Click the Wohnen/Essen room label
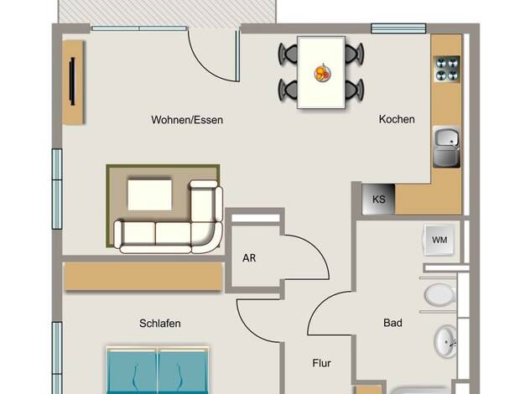pos(187,120)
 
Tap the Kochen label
pos(397,119)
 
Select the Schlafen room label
pos(160,324)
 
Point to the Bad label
pos(392,323)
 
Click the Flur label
pos(321,363)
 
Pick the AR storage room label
pos(249,258)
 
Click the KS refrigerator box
pos(379,200)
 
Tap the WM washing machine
pos(439,240)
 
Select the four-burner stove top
pos(447,69)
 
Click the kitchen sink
pos(447,147)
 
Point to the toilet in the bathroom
pos(440,295)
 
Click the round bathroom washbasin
pos(445,341)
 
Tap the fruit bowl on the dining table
pos(323,73)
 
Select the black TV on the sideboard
pos(72,81)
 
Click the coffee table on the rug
pos(149,195)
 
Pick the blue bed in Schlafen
pos(158,371)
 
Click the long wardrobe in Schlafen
pos(143,276)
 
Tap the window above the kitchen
pos(398,29)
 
